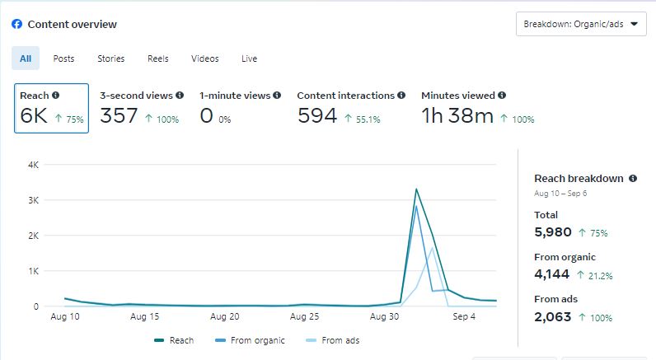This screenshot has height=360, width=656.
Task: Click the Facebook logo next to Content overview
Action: click(x=16, y=24)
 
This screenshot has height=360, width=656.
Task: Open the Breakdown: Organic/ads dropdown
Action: click(x=581, y=24)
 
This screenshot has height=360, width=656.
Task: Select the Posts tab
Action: click(x=63, y=58)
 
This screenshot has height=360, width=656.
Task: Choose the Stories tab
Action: click(x=111, y=58)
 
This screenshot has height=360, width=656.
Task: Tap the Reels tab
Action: click(x=158, y=58)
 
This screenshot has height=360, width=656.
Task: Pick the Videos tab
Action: click(x=205, y=58)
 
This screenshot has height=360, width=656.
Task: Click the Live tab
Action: click(x=250, y=58)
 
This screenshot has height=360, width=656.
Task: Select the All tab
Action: click(x=26, y=58)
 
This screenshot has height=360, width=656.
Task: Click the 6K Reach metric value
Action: click(x=35, y=116)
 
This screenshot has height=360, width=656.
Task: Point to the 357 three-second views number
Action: click(x=119, y=116)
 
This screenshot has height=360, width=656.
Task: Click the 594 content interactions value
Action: click(x=317, y=116)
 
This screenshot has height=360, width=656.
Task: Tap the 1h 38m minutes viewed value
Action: click(x=457, y=116)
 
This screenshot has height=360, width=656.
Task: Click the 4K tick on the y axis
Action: click(x=34, y=165)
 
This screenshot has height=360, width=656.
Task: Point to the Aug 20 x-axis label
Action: click(x=224, y=316)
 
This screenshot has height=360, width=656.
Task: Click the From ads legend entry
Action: click(x=333, y=340)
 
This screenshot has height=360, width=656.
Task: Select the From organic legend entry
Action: click(x=251, y=340)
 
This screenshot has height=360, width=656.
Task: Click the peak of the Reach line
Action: click(x=416, y=189)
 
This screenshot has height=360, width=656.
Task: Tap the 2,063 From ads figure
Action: click(x=553, y=317)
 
